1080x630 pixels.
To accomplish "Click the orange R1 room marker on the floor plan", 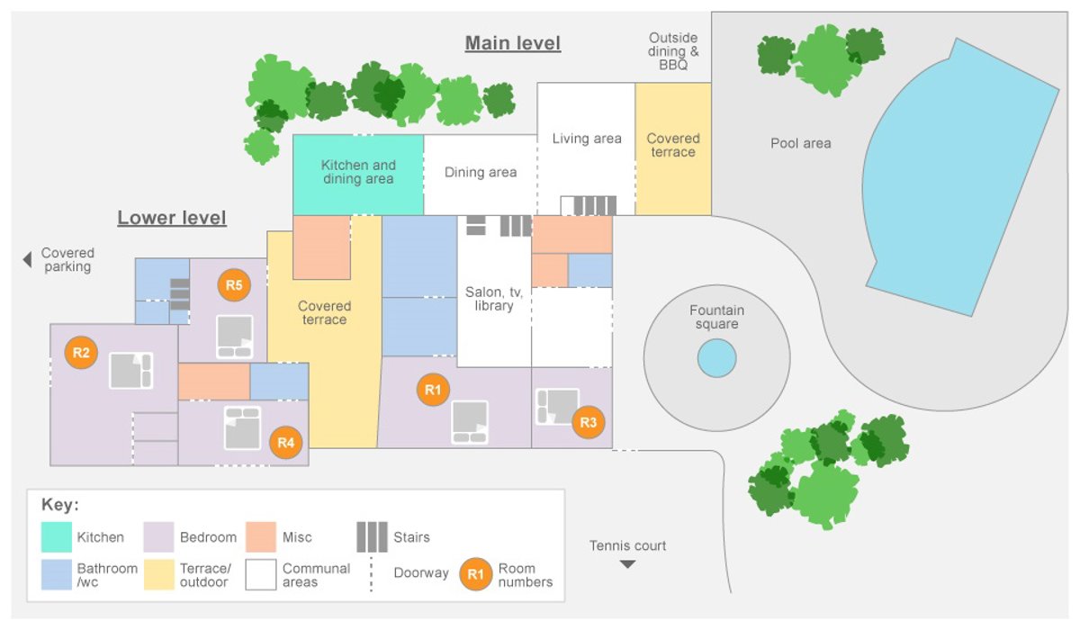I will pyautogui.click(x=433, y=389).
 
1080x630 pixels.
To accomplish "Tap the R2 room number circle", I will pyautogui.click(x=81, y=352).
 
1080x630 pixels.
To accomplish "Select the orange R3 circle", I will pyautogui.click(x=589, y=421).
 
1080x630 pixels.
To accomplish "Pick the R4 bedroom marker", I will pyautogui.click(x=285, y=442).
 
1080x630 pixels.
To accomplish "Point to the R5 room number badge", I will pyautogui.click(x=234, y=285).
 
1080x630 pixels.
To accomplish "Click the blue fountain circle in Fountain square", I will pyautogui.click(x=716, y=358).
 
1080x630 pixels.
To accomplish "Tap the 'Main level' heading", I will pyautogui.click(x=513, y=43).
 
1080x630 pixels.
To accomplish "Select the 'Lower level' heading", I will pyautogui.click(x=172, y=218).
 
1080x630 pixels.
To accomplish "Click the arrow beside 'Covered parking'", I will pyautogui.click(x=27, y=259).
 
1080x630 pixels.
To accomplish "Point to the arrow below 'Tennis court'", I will pyautogui.click(x=627, y=564).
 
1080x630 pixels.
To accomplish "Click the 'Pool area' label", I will pyautogui.click(x=800, y=143).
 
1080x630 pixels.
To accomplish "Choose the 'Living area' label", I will pyautogui.click(x=587, y=139).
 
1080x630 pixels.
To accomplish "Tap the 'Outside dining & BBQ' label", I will pyautogui.click(x=673, y=51).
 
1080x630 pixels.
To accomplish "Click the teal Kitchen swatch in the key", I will pyautogui.click(x=57, y=537).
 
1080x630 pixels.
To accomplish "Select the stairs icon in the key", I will pyautogui.click(x=372, y=536).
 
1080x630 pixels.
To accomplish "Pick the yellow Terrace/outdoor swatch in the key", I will pyautogui.click(x=159, y=574).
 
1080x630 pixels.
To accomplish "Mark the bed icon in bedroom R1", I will pyautogui.click(x=470, y=422).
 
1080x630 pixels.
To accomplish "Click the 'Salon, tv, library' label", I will pyautogui.click(x=494, y=299).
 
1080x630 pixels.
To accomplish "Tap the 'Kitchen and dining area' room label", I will pyautogui.click(x=358, y=172).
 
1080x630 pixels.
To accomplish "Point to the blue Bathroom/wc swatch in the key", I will pyautogui.click(x=57, y=574).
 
